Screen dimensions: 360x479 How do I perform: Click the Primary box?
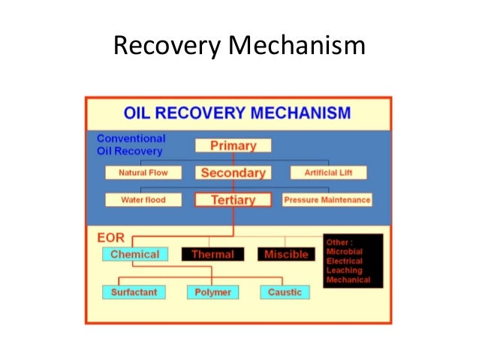pos(233,146)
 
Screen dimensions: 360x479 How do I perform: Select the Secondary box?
pos(233,173)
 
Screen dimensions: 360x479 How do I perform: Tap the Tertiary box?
pos(233,200)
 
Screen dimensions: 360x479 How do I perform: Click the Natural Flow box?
pos(143,173)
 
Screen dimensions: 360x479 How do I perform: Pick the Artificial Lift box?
pos(328,173)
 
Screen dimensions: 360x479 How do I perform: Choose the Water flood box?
pos(143,200)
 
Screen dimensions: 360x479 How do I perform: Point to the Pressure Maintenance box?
pos(327,200)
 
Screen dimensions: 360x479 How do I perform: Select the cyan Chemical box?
pos(134,254)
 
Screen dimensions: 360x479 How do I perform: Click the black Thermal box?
pos(213,255)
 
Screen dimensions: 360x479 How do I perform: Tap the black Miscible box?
pos(286,255)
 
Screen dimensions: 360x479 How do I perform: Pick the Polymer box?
pos(213,292)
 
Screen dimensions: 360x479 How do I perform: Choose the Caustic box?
pos(285,292)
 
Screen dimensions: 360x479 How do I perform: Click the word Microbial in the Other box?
pos(345,252)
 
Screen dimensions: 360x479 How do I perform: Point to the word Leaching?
pos(344,270)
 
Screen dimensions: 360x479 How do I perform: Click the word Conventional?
pos(131,138)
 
